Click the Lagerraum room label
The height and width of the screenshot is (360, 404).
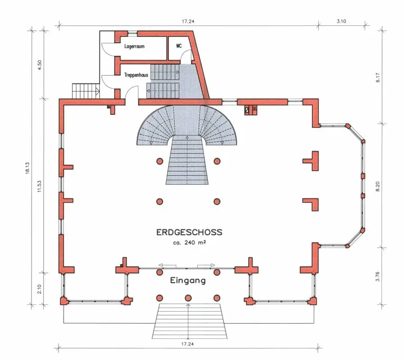tap(134, 46)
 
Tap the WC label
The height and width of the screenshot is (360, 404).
tap(179, 46)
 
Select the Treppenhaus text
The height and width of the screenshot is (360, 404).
tap(136, 75)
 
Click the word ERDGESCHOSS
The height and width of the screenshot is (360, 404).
tap(189, 232)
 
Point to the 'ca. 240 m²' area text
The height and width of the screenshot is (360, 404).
tap(189, 243)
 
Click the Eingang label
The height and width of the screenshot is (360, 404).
tap(188, 281)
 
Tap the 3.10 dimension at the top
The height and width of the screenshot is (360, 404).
tap(341, 21)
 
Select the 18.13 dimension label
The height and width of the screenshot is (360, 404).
tap(27, 168)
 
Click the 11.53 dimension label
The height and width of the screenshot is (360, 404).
tap(39, 186)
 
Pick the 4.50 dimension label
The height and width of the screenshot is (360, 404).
tap(39, 65)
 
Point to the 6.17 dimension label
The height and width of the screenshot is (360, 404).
tap(378, 77)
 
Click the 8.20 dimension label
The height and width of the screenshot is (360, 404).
tap(378, 186)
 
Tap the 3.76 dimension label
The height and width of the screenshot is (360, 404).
tap(378, 276)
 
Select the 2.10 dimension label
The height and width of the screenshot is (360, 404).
tap(39, 289)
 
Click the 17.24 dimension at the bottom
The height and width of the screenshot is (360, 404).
tap(187, 344)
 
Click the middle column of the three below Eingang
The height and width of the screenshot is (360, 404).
tap(188, 298)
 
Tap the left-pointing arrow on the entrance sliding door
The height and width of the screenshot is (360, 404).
tap(167, 266)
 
